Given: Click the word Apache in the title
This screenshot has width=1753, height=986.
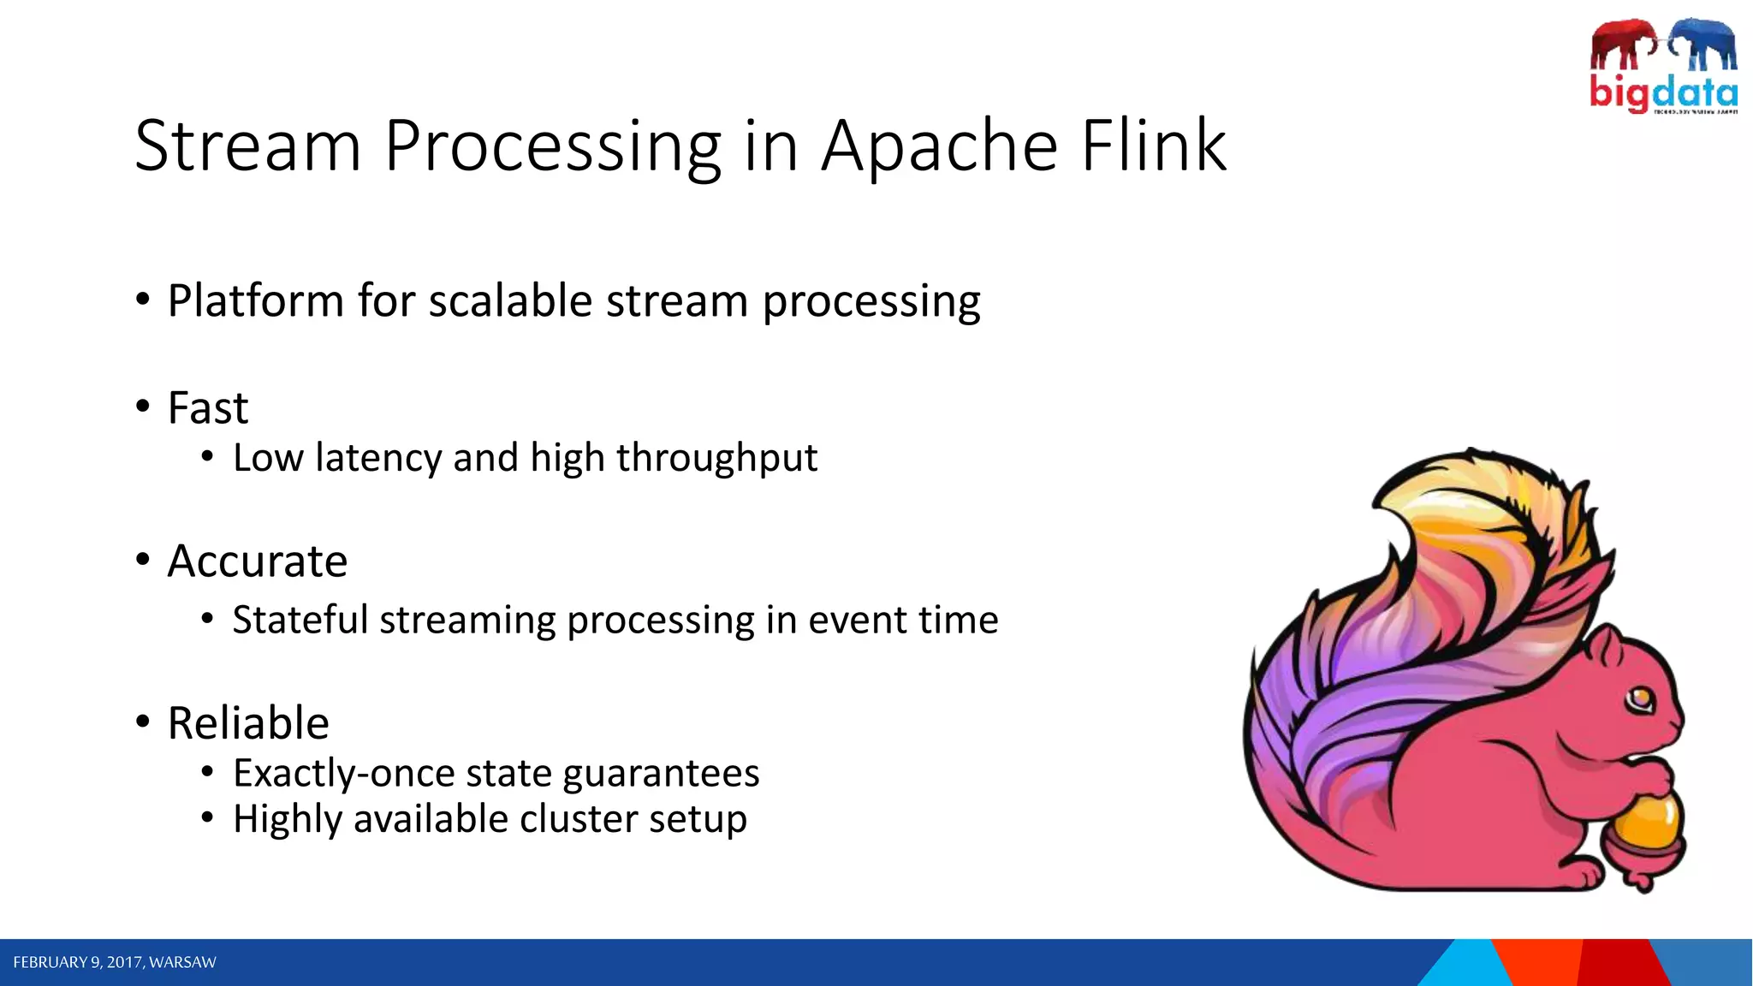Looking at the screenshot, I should click(939, 147).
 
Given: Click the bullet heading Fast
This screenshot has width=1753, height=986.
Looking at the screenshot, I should click(208, 408).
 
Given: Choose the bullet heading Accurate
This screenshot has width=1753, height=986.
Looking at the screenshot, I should click(258, 561).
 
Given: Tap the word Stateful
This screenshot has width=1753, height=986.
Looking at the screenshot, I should click(300, 620).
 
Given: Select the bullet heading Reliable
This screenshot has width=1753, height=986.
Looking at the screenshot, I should click(248, 723).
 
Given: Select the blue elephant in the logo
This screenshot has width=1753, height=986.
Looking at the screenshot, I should click(1703, 43).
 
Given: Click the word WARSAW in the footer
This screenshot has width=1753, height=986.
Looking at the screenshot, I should click(182, 963).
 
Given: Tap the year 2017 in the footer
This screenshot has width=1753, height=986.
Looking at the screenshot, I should click(124, 963).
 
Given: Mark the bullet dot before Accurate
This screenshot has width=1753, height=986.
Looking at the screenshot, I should click(143, 560).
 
